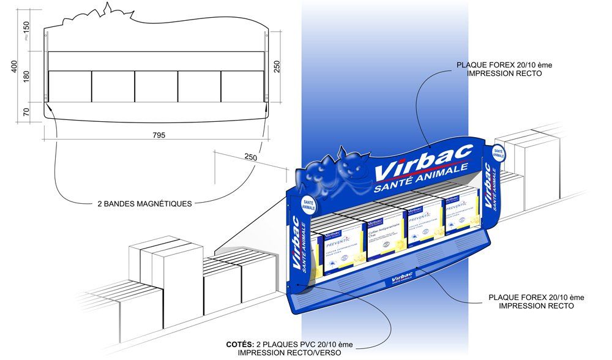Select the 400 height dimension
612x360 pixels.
tap(14, 67)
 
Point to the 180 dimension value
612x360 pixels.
tap(26, 76)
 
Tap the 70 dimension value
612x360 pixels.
tap(26, 111)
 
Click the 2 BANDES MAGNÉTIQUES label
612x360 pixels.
tap(144, 203)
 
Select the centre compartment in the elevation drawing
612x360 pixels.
tap(156, 87)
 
